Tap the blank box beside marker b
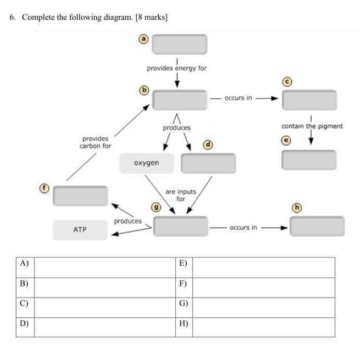(x=179, y=99)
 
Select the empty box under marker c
(x=309, y=100)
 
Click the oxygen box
(x=146, y=163)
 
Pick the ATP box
(x=80, y=229)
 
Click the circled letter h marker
(x=298, y=207)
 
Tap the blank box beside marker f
(x=80, y=196)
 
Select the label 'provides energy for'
(x=177, y=68)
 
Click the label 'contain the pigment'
(x=312, y=126)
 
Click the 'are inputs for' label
(x=181, y=195)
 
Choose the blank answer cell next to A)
(x=105, y=267)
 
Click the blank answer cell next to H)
(x=263, y=327)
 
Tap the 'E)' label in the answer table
(x=183, y=264)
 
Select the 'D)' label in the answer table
(x=24, y=323)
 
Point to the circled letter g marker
(x=155, y=207)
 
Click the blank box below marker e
(x=309, y=160)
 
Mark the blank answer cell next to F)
(x=263, y=287)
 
